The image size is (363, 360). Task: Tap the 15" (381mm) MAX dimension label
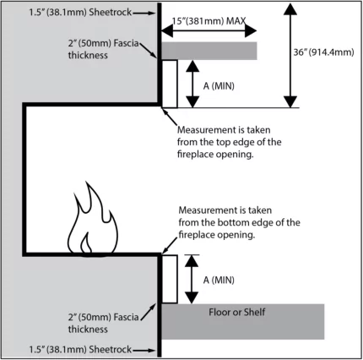click(208, 19)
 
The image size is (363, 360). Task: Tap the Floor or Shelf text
click(239, 311)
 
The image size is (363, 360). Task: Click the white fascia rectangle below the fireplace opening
click(169, 278)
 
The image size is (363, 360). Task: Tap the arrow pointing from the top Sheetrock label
click(138, 11)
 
